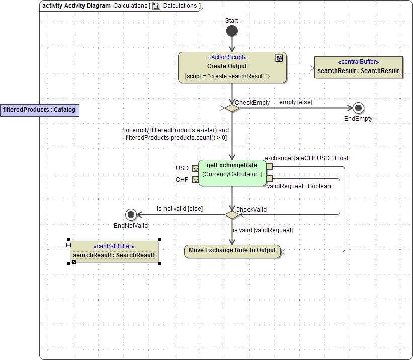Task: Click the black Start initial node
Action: (x=232, y=31)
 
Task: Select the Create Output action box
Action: (x=232, y=67)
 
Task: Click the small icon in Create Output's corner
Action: (x=279, y=58)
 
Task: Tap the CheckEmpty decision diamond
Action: (x=232, y=108)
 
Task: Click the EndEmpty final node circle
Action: (x=358, y=108)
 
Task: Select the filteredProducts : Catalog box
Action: (x=39, y=110)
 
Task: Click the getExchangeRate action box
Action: (x=232, y=173)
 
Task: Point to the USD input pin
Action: (x=195, y=168)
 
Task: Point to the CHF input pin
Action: (x=195, y=179)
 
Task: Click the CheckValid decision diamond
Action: (x=232, y=215)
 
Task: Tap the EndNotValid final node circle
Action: (x=131, y=215)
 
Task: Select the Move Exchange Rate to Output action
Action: (x=232, y=251)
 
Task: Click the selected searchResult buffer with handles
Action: (x=114, y=251)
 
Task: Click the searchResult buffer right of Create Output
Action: (x=358, y=67)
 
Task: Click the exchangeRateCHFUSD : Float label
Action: (x=306, y=158)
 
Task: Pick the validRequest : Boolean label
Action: (x=298, y=186)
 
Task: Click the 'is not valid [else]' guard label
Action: (x=180, y=208)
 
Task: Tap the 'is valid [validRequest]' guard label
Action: (x=263, y=230)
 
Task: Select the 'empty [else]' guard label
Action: (x=296, y=102)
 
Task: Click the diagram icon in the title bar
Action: (x=156, y=6)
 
